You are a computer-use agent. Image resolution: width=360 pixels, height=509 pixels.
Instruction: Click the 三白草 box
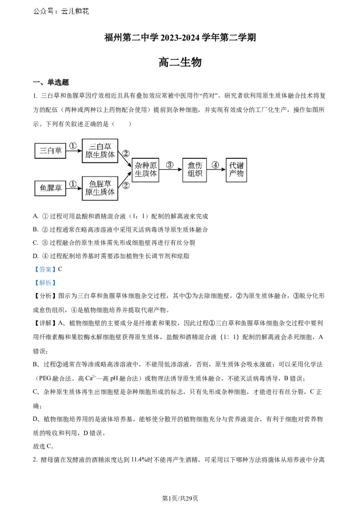50,151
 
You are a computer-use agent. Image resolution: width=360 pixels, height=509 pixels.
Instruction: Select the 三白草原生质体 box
100,151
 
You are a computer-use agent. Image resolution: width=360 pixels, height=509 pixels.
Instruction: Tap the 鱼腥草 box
50,188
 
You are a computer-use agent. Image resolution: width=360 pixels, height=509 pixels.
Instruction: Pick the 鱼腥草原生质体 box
100,188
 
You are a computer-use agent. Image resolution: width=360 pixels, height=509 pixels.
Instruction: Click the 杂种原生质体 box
146,170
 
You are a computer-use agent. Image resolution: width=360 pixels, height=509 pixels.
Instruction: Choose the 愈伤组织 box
194,170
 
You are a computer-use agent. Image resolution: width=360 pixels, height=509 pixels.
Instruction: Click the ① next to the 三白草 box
73,146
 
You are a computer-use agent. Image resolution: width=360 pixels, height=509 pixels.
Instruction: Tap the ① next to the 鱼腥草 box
73,183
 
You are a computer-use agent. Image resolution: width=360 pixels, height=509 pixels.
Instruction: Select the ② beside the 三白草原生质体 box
126,153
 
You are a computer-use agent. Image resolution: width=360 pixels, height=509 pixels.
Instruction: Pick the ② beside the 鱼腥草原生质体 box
126,185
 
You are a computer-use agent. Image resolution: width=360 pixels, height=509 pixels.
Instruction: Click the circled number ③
170,165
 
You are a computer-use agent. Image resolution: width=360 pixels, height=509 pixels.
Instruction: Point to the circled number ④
216,165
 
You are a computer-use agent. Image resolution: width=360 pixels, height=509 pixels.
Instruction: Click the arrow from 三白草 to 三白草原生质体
74,152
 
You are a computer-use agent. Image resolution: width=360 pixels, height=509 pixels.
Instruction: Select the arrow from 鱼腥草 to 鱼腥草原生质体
74,189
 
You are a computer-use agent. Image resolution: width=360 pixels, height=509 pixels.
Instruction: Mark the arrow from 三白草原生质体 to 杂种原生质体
125,161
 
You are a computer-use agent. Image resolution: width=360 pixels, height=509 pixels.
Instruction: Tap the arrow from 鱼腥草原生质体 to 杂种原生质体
125,179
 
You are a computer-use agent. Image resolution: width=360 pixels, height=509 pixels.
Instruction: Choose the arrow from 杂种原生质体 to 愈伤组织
171,170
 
